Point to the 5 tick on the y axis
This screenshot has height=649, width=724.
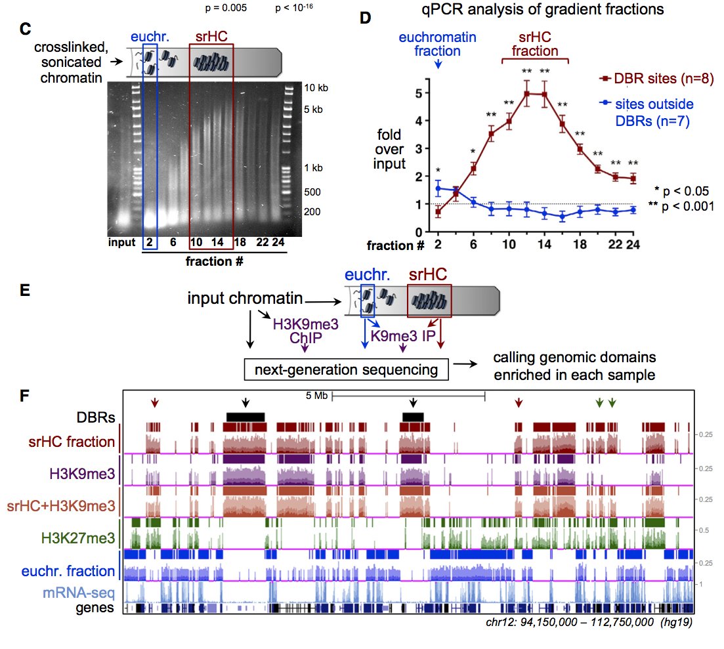click(x=420, y=94)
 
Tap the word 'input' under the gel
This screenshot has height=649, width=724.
click(x=123, y=242)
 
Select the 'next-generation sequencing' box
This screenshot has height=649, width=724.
click(x=345, y=369)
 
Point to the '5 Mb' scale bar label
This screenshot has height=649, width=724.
click(x=316, y=396)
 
